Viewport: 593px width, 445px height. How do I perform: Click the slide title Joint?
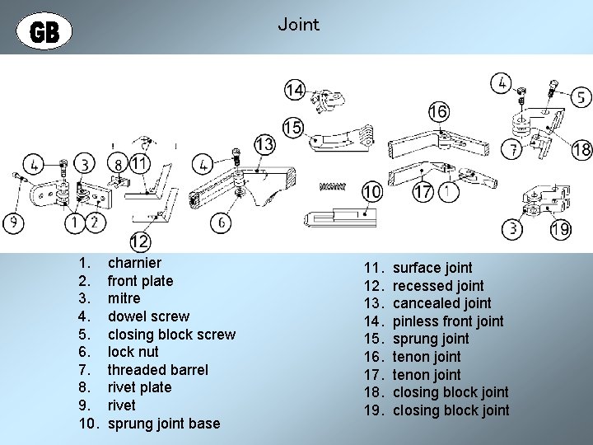coord(298,24)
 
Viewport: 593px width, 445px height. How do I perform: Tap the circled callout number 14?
coord(294,90)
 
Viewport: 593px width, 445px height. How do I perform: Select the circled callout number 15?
coord(292,128)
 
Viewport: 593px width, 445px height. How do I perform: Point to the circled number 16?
coord(438,110)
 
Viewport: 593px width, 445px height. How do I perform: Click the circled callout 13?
coord(264,145)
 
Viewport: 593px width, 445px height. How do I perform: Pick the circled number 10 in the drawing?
coord(372,192)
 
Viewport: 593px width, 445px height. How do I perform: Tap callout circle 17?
coord(423,193)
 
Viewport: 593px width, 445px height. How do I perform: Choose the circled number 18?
coord(581,149)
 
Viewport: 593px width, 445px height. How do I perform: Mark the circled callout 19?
coord(560,229)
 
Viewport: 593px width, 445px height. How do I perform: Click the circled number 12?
coord(139,242)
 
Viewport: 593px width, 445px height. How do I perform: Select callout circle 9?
coord(12,222)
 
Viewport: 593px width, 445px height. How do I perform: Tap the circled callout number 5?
coord(581,96)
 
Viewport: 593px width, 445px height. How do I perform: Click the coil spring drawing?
coord(332,186)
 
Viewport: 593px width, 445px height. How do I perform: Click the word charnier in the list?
coord(134,263)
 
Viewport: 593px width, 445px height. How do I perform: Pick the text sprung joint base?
coord(164,424)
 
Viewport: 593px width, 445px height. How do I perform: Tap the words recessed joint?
coord(437,285)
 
